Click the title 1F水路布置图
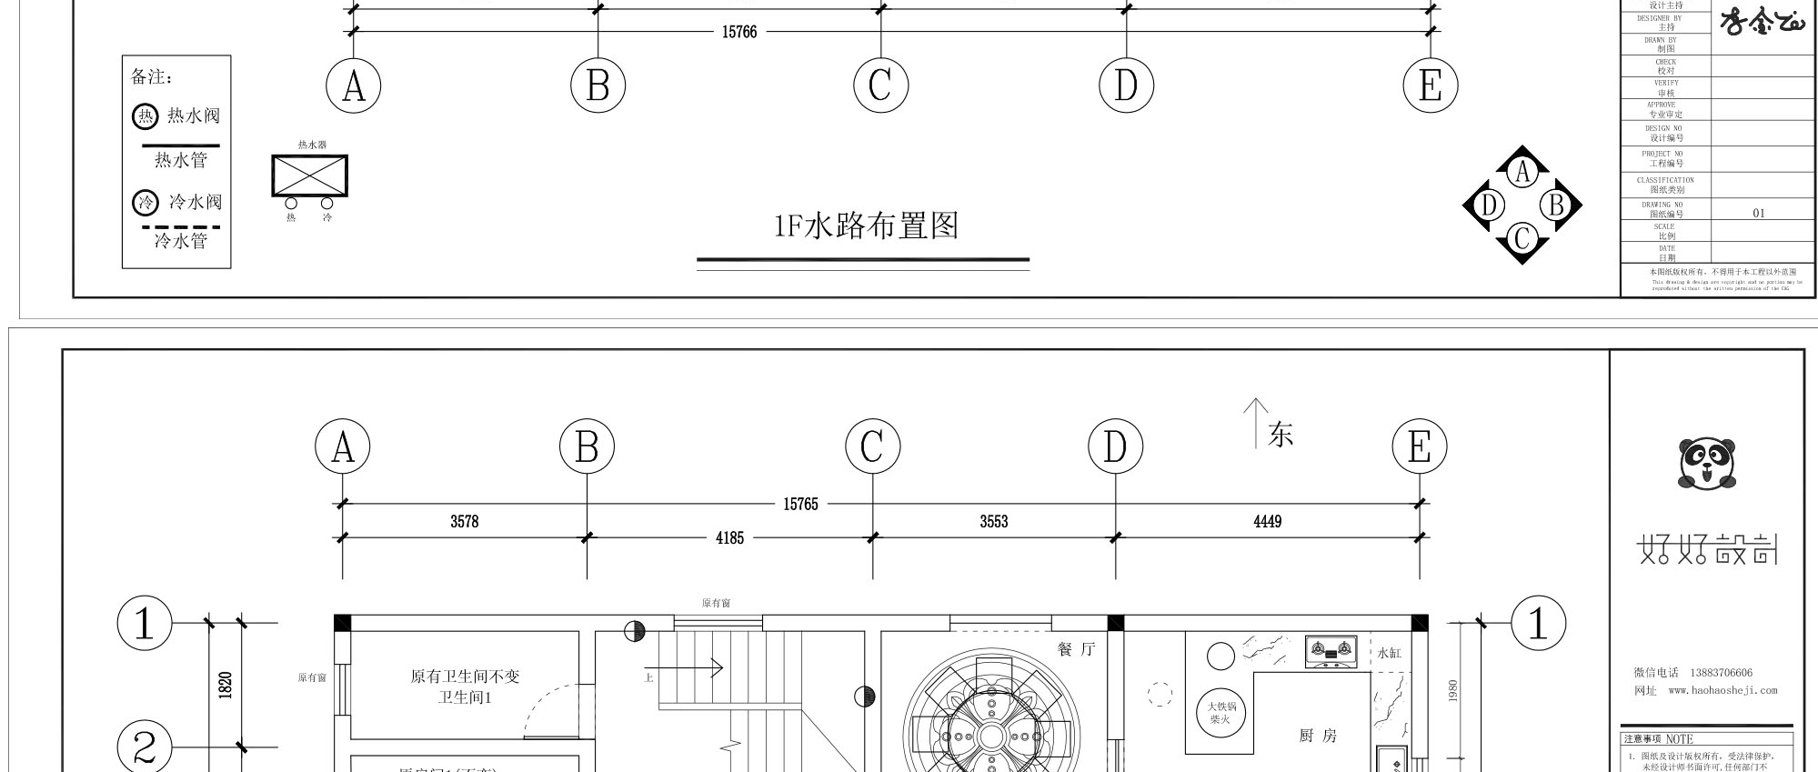coord(866,226)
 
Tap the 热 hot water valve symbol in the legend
coord(146,116)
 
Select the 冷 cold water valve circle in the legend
coord(146,202)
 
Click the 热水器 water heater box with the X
coord(309,175)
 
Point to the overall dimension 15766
coord(738,32)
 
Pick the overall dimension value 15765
coord(800,504)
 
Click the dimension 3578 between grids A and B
coord(464,521)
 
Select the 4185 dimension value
coord(729,538)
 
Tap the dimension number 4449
coord(1267,521)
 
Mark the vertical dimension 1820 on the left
coord(226,686)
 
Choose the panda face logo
coord(1706,463)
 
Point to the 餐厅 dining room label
coord(1076,649)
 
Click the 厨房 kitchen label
coord(1317,736)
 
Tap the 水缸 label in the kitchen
coord(1389,653)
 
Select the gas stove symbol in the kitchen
coord(1331,651)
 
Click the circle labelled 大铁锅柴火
coord(1220,712)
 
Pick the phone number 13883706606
coord(1721,673)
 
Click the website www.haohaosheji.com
coord(1723,690)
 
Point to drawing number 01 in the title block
coord(1758,213)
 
